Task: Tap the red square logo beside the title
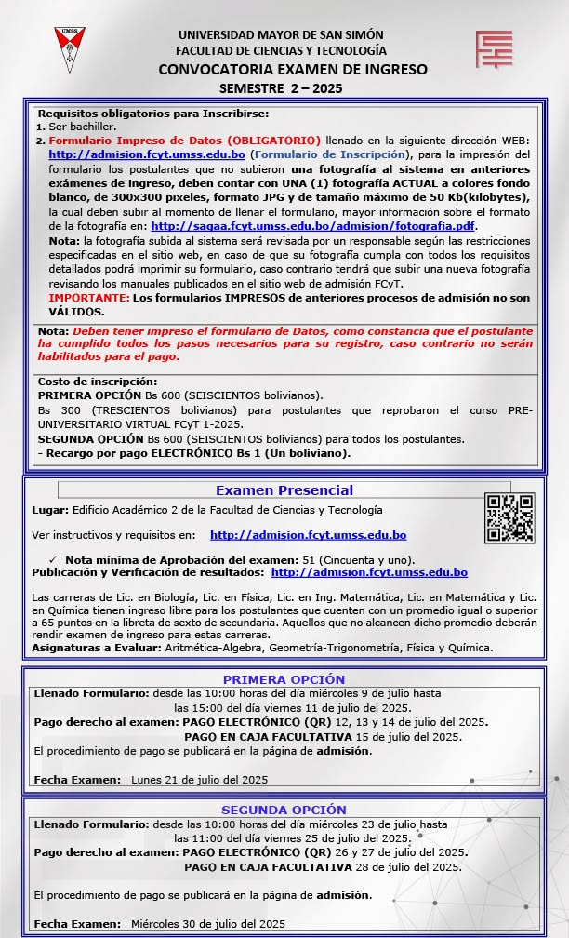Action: click(x=494, y=49)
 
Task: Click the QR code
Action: click(x=510, y=517)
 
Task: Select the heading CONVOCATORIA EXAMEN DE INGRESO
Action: click(x=293, y=69)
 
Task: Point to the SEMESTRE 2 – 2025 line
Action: click(x=281, y=88)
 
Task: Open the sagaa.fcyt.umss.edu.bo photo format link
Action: click(x=313, y=225)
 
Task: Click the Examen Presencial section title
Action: click(x=284, y=490)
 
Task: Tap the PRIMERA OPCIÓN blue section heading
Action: click(x=284, y=679)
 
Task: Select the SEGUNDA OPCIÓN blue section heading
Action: click(x=284, y=810)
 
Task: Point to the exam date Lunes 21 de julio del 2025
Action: click(x=199, y=779)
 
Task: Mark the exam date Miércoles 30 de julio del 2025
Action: click(x=207, y=923)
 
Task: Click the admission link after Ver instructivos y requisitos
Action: click(x=308, y=535)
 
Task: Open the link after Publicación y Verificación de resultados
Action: click(x=368, y=572)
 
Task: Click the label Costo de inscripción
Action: click(x=98, y=382)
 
